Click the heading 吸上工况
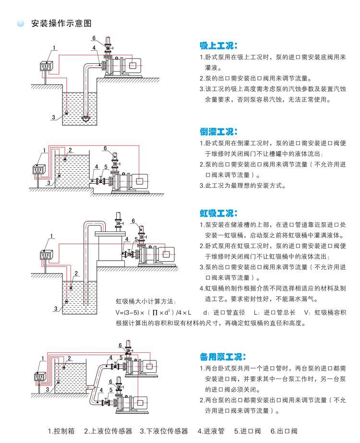218,46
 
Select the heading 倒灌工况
218,132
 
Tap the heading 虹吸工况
218,213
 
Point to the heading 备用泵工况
222,357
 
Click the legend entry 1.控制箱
61,431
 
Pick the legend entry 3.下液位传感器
164,431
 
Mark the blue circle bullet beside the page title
20,24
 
